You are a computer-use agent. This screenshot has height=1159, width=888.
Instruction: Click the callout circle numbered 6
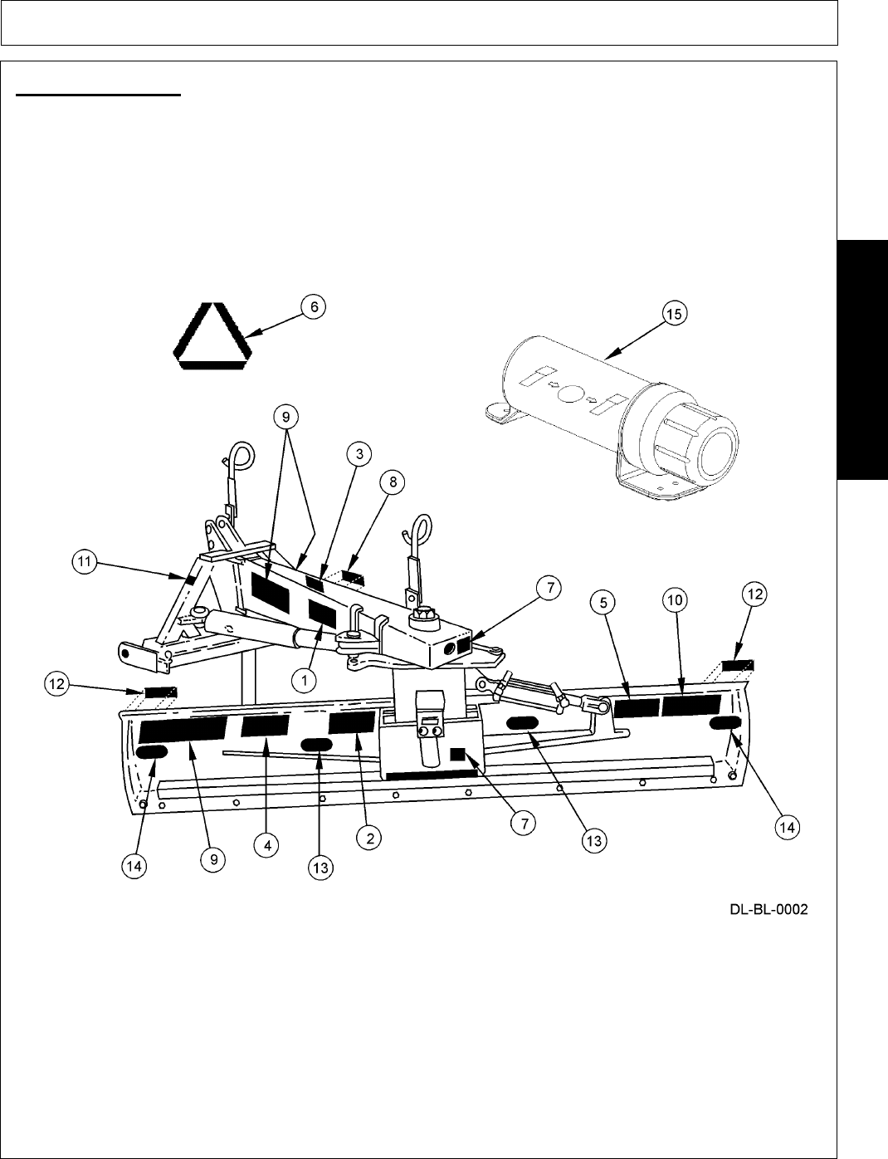point(314,307)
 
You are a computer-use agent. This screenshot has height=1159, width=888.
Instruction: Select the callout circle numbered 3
point(359,454)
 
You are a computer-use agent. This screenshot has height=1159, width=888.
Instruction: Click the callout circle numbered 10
point(673,599)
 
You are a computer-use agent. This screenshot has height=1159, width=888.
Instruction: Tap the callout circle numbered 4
point(266,845)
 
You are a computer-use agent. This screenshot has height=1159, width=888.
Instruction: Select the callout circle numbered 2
point(369,839)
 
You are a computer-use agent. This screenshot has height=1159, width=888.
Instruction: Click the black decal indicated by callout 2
point(352,721)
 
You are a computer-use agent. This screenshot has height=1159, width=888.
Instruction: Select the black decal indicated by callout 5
point(636,707)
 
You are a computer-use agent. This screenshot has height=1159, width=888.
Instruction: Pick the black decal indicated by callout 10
point(691,706)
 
